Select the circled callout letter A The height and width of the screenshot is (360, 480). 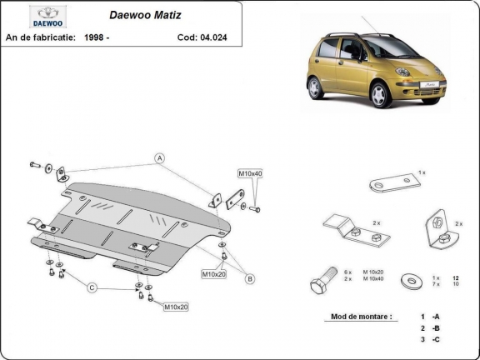[159, 157]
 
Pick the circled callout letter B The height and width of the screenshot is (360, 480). [248, 278]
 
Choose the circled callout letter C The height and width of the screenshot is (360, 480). [92, 287]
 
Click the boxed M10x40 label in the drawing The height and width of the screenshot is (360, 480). [250, 173]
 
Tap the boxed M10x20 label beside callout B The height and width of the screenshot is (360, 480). [213, 273]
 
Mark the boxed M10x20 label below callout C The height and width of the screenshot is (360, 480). [176, 307]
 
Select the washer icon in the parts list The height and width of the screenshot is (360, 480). [409, 279]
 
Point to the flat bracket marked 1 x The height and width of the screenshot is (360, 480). [395, 182]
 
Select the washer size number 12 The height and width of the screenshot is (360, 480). [456, 277]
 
